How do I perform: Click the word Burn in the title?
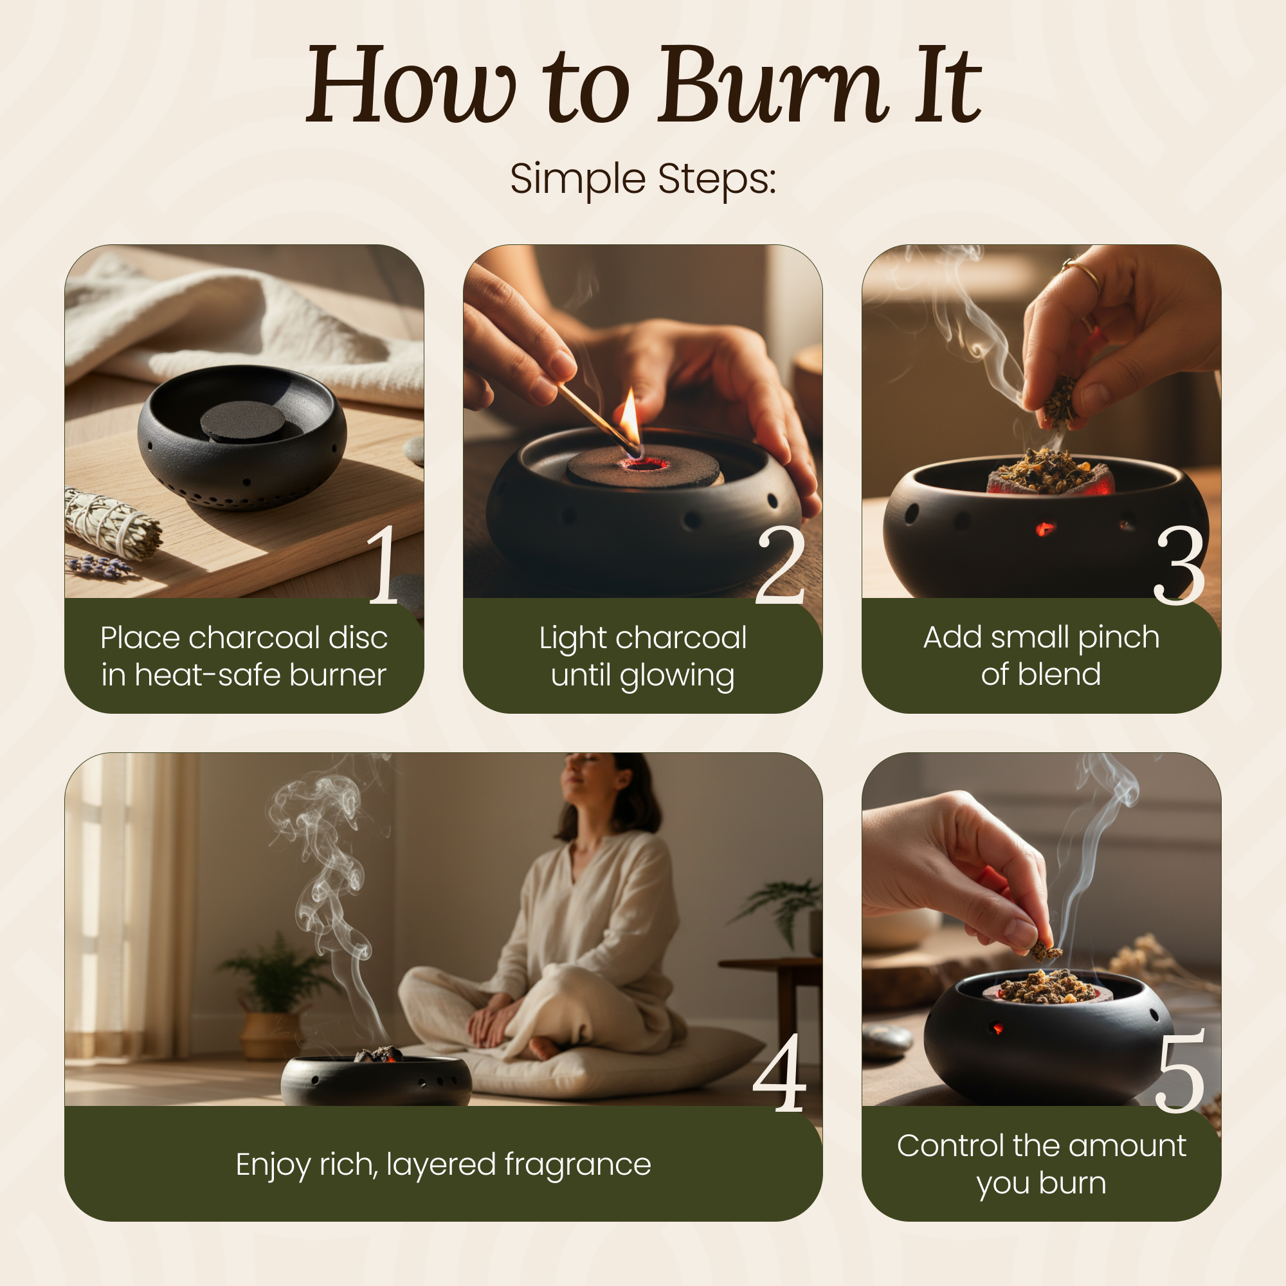click(773, 84)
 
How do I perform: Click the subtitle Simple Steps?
click(643, 178)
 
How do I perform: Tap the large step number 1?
click(384, 564)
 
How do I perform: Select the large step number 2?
click(780, 565)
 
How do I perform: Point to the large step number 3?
click(1179, 565)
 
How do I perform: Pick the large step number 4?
click(779, 1073)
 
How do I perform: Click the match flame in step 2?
click(630, 416)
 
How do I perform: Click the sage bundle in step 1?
click(113, 523)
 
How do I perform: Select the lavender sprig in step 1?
click(100, 566)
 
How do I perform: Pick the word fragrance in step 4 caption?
click(578, 1165)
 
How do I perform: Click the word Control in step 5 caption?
click(951, 1146)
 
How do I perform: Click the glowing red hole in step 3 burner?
click(1044, 529)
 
